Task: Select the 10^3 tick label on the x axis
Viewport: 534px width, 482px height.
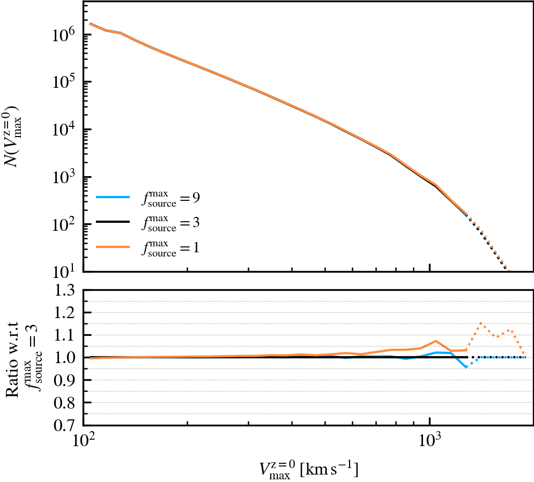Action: point(430,444)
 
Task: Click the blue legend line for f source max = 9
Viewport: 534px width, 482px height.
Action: point(113,198)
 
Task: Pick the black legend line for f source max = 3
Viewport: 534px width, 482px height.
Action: point(113,222)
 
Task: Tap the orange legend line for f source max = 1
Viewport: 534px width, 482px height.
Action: point(113,247)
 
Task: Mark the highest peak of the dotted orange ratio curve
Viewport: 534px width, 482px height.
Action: point(481,323)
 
